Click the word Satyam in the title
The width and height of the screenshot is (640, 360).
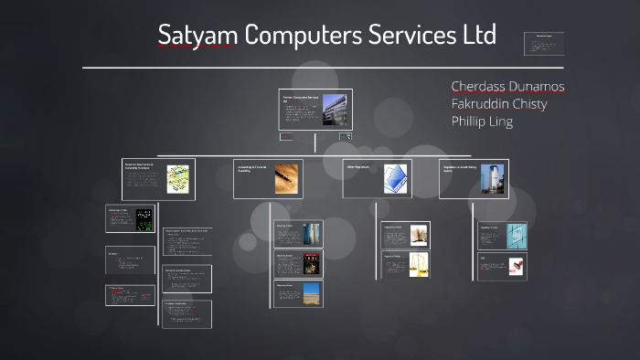pyautogui.click(x=193, y=36)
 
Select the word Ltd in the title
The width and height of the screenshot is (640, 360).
pyautogui.click(x=476, y=36)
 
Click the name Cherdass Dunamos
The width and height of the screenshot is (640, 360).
pyautogui.click(x=507, y=86)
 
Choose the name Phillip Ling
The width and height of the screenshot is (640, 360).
pyautogui.click(x=482, y=121)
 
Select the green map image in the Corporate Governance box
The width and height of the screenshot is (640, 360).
pyautogui.click(x=177, y=177)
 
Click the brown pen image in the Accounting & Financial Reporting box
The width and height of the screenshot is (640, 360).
pyautogui.click(x=286, y=177)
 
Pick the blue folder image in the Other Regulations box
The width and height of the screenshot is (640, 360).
pyautogui.click(x=395, y=177)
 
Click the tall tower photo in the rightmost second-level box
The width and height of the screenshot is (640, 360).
pyautogui.click(x=492, y=177)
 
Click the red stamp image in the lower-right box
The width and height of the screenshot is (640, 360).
pyautogui.click(x=517, y=266)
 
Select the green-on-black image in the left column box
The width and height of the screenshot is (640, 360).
pyautogui.click(x=144, y=219)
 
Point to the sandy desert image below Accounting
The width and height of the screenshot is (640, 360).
pyautogui.click(x=311, y=293)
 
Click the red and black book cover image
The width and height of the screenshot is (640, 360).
pyautogui.click(x=312, y=263)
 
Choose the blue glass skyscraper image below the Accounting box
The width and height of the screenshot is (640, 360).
pyautogui.click(x=312, y=233)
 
